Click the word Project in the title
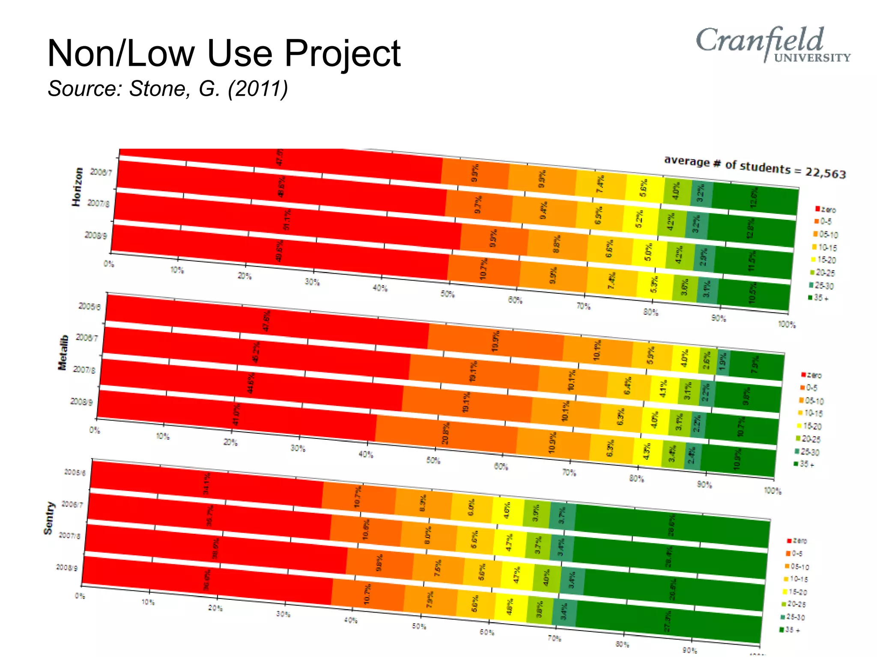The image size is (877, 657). point(342,53)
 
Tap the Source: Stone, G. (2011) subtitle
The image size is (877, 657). point(167,89)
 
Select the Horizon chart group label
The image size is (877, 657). point(77,187)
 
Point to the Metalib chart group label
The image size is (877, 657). point(63,352)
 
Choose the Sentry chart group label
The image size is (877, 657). point(49,518)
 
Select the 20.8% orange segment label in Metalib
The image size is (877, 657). point(445,433)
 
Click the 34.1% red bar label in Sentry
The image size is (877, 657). point(207,483)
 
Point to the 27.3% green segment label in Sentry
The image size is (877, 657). point(668,621)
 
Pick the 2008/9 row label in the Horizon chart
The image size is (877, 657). point(95,235)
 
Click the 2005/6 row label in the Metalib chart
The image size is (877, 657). point(89,306)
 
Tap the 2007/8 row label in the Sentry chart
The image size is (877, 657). point(69,536)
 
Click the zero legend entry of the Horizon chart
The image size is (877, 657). point(825,209)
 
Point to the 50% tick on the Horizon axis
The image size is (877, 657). point(447,294)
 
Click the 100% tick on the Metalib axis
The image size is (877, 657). point(773,491)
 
